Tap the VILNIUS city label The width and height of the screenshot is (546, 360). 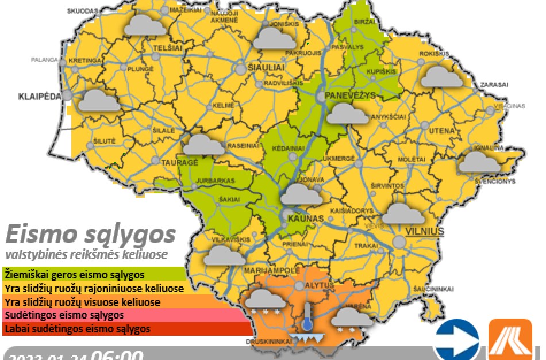425,231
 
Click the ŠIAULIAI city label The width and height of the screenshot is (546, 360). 266,68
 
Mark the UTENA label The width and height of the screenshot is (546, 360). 442,131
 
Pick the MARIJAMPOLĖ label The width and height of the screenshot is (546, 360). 272,270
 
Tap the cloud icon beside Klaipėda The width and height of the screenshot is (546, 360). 99,101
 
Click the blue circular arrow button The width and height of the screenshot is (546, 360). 456,339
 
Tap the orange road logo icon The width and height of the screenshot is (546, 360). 510,339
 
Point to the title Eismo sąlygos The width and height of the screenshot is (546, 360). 90,235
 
